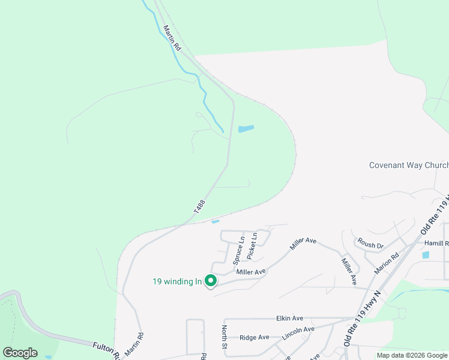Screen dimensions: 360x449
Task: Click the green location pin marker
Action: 211,280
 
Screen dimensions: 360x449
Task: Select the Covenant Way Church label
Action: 408,166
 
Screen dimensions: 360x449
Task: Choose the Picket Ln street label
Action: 253,247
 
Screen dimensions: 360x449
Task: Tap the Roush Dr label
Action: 370,245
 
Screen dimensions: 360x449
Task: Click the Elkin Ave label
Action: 290,318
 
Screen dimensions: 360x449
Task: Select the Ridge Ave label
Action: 254,338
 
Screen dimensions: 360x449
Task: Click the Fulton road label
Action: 106,349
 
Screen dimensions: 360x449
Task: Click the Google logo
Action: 20,353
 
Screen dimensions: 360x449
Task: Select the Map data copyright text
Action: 411,355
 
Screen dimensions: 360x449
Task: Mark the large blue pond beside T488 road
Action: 246,129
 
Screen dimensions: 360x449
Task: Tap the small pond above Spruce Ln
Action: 215,222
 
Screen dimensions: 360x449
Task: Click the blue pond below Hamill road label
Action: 426,255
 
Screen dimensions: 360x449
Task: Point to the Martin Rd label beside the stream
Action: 171,37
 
